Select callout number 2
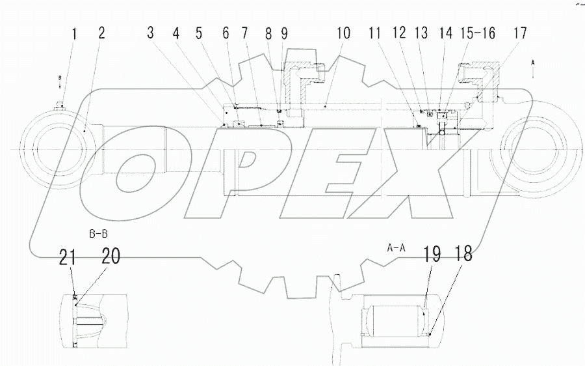(x=101, y=33)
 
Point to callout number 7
(x=244, y=33)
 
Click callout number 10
(x=343, y=33)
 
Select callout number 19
(x=433, y=255)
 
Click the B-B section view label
(x=99, y=232)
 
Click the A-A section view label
(x=396, y=247)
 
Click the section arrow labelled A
(x=533, y=68)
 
